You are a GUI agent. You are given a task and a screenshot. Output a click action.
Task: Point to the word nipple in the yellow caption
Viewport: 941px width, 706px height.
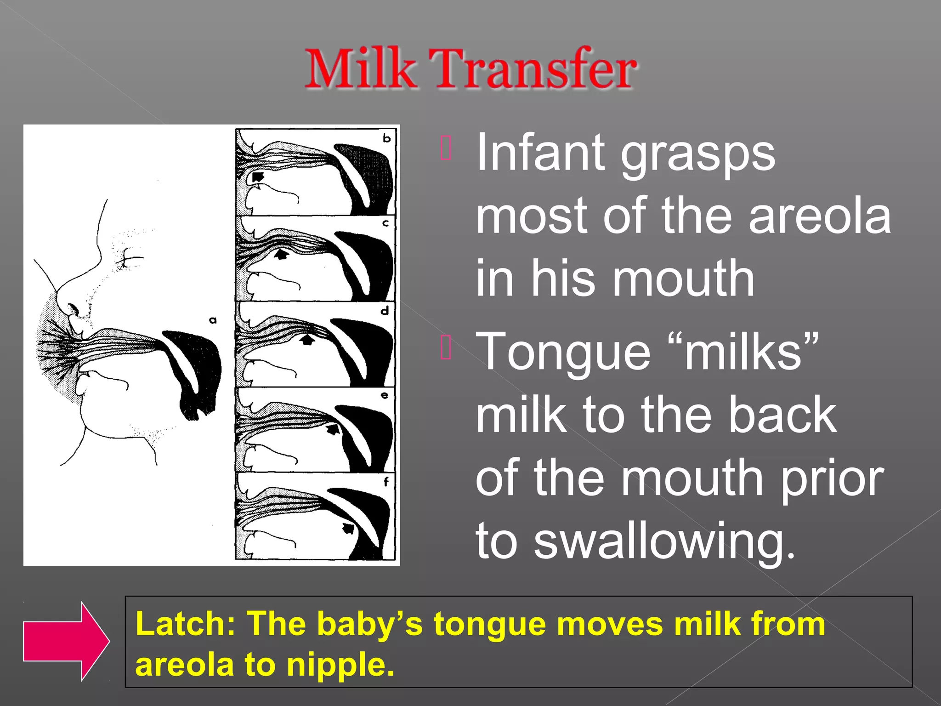tap(340, 665)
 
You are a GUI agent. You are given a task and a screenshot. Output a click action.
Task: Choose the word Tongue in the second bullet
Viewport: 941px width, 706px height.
tap(563, 352)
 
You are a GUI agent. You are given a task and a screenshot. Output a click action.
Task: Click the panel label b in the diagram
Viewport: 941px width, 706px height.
tap(387, 138)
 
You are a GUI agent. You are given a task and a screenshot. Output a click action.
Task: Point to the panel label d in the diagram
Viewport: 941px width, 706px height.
tap(385, 311)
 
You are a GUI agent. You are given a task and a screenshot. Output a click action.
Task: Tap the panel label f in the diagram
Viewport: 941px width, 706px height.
tap(386, 482)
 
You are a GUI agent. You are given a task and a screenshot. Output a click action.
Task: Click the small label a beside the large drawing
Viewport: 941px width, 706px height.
tap(213, 320)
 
